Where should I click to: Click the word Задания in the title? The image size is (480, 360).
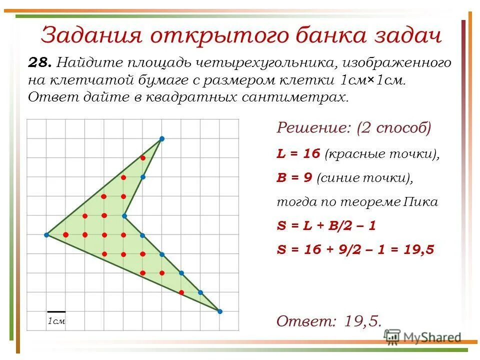88,36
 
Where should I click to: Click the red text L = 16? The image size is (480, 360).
298,153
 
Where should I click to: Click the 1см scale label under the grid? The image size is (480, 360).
56,321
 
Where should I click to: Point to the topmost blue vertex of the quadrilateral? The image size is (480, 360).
161,138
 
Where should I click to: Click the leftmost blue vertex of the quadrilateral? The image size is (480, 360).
46,234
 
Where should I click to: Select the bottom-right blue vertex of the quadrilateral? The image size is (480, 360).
219,311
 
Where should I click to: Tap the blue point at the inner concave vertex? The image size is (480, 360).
124,216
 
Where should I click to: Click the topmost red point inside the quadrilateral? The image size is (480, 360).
142,158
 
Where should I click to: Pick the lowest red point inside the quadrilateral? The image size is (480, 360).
181,292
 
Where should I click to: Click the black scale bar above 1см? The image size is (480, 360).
56,311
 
